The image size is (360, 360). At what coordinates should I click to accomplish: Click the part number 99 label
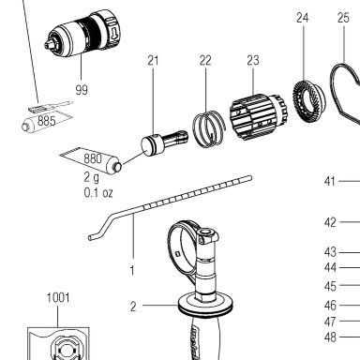point(82,90)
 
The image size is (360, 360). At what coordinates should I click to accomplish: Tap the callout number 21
point(153,60)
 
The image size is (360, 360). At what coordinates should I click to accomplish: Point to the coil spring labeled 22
point(209,128)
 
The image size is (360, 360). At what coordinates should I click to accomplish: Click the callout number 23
point(253,60)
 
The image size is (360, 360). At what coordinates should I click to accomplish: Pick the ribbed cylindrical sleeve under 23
point(258,116)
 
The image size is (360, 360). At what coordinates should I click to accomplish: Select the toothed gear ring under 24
point(308,100)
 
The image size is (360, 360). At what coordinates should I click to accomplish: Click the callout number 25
point(343,18)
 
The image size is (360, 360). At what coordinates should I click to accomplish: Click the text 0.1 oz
point(98,192)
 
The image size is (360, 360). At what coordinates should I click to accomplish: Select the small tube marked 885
point(47,121)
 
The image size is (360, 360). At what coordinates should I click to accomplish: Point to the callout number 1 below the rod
point(132,271)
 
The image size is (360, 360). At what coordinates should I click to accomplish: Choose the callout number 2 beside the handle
point(133,307)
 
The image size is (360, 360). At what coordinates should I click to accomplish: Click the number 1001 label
point(58,297)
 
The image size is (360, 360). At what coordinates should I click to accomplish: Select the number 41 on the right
point(330,181)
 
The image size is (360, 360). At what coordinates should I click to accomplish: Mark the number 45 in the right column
point(330,286)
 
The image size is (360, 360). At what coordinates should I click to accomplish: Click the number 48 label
point(330,337)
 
